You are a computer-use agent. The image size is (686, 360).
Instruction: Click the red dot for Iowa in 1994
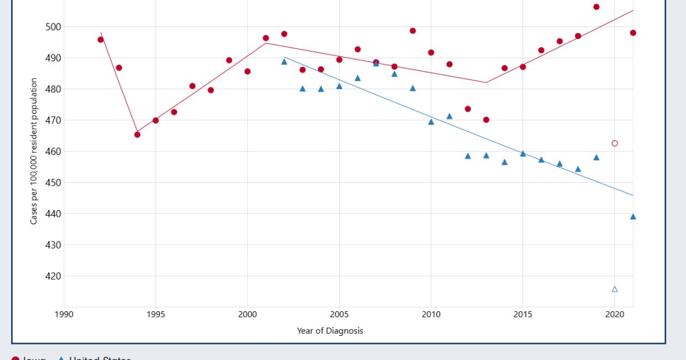click(137, 134)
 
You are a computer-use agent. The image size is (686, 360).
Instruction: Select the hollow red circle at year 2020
click(615, 143)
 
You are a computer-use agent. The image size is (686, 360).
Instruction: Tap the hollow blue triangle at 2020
click(615, 289)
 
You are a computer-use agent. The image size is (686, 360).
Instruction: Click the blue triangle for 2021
click(633, 216)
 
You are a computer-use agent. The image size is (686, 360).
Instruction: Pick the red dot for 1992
click(100, 40)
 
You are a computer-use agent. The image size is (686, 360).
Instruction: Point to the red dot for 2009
click(413, 31)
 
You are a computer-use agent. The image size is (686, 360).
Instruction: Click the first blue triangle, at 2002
click(284, 61)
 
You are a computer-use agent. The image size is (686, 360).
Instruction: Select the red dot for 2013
click(486, 120)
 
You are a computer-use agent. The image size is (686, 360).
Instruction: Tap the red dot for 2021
click(633, 33)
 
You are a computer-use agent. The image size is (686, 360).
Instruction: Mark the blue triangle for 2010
click(431, 121)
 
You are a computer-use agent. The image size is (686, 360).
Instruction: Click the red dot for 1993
click(119, 68)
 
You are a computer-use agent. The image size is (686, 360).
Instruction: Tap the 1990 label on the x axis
click(64, 315)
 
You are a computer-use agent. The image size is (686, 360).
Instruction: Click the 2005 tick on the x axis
click(339, 315)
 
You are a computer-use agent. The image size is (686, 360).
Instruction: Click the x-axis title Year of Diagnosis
click(330, 331)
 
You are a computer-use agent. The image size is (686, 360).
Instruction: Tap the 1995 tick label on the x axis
click(156, 315)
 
